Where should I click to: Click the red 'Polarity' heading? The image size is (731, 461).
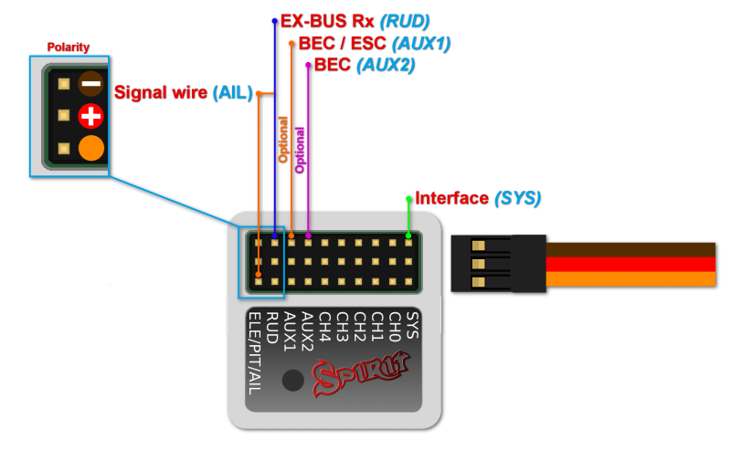click(68, 47)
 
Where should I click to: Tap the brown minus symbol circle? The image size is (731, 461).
click(90, 83)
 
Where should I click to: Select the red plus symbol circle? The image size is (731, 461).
click(90, 116)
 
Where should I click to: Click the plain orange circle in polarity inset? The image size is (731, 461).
click(91, 148)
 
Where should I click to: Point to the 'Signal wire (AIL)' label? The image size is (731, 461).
click(183, 92)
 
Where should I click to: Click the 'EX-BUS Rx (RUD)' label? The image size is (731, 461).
click(355, 20)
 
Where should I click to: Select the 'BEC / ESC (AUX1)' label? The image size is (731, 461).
click(374, 43)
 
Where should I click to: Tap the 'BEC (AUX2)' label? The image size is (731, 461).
click(364, 65)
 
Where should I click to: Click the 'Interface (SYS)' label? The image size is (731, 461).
click(477, 198)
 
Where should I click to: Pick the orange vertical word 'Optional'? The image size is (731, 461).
click(282, 139)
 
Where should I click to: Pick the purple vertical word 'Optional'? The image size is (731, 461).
click(299, 150)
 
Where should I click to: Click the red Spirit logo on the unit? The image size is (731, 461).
click(361, 375)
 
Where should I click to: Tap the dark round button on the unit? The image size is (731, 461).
click(292, 380)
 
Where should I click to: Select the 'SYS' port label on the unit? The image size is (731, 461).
click(411, 325)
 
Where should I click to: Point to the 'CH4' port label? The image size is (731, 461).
click(323, 326)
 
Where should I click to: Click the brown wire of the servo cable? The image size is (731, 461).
click(630, 249)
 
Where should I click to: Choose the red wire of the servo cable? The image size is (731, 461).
click(630, 264)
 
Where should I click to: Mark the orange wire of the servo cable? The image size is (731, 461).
click(630, 278)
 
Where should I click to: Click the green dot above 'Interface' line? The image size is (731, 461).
click(408, 198)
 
